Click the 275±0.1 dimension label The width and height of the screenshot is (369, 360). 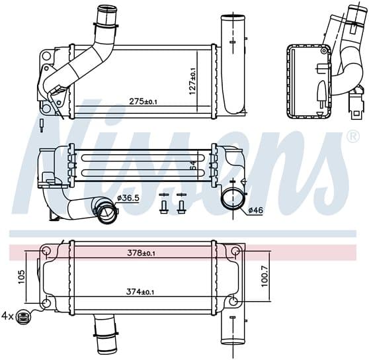(x=143, y=102)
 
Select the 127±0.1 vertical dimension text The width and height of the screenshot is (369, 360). (x=192, y=81)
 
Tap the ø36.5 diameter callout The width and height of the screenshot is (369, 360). (x=128, y=199)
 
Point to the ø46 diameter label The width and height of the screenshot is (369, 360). (x=255, y=210)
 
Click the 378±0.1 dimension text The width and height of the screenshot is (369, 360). (x=142, y=253)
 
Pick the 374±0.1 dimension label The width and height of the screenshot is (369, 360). (x=140, y=292)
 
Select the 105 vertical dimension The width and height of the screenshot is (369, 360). (x=21, y=277)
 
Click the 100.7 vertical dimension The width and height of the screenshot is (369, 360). (x=265, y=277)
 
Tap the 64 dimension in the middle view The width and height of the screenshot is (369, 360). (x=193, y=165)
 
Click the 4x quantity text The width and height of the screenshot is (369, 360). (x=8, y=316)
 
